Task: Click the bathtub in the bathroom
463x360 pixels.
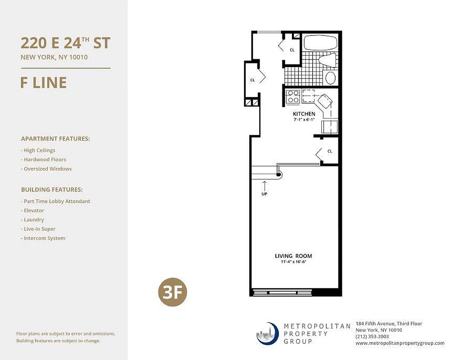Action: coord(320,43)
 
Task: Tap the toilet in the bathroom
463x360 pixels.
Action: coord(327,60)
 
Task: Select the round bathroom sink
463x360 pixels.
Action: coord(330,77)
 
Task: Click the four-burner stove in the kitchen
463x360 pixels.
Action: coord(293,96)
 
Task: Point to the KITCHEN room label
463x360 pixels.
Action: coord(304,114)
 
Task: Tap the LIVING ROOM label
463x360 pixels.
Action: coord(293,256)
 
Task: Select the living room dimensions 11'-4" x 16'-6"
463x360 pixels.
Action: coord(293,262)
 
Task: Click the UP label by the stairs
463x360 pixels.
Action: coord(265,193)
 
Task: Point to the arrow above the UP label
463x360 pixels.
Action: coord(265,185)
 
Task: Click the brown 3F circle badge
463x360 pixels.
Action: coord(172,292)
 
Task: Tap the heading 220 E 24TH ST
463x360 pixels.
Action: coord(65,43)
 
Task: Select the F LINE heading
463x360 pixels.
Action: coord(44,82)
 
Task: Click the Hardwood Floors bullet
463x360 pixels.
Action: coord(44,159)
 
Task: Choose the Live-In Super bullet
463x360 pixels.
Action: coord(38,229)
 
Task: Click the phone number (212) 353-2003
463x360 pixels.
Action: coord(372,337)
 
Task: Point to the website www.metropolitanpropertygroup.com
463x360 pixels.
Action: coord(400,343)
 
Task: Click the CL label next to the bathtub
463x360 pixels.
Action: coord(292,50)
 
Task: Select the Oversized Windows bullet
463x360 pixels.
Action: coord(46,169)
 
